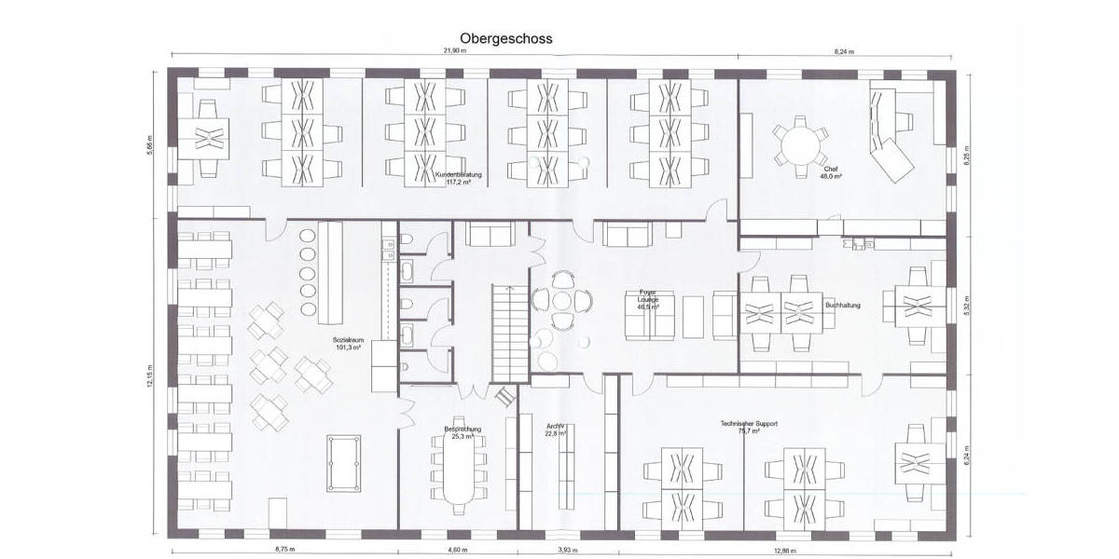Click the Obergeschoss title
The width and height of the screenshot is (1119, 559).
[x=506, y=39]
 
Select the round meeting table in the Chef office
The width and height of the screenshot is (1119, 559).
[x=799, y=145]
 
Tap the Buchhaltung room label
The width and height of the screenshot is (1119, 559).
[x=844, y=305]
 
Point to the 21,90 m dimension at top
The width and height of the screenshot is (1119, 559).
[x=453, y=51]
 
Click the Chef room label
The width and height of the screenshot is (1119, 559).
[x=831, y=172]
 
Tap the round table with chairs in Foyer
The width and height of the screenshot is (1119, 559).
[x=563, y=301]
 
